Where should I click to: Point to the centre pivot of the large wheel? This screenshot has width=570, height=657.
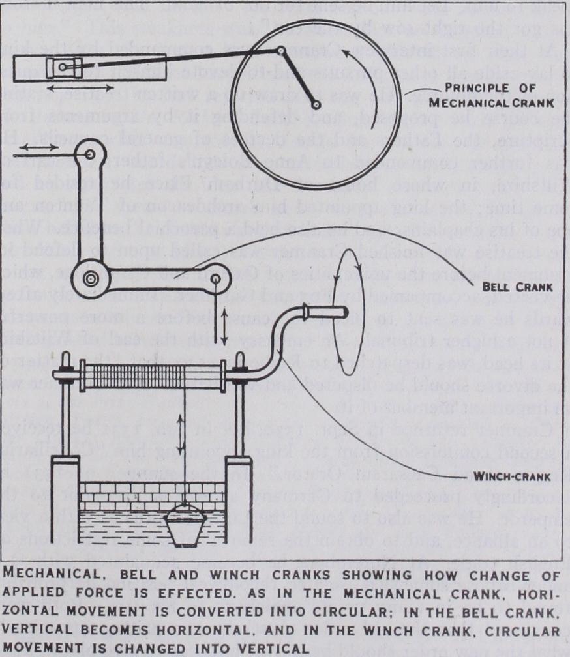pos(318,104)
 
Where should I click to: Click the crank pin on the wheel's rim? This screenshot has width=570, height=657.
pos(280,50)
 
